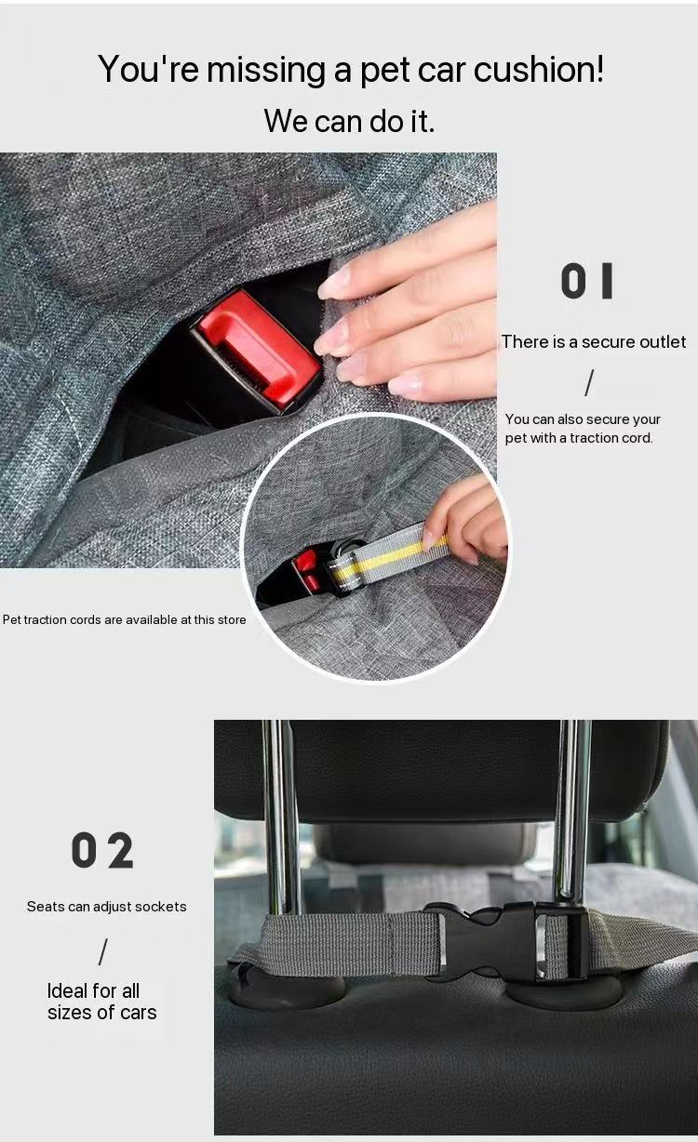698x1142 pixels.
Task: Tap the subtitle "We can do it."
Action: click(x=349, y=120)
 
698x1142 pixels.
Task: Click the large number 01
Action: click(x=587, y=282)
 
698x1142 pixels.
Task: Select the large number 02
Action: click(x=102, y=851)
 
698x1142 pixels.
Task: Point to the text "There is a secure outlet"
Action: click(x=594, y=342)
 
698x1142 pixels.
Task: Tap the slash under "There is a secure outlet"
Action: click(x=588, y=382)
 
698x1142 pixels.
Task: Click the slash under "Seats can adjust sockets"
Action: click(x=102, y=951)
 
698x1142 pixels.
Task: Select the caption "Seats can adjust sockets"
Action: click(x=106, y=906)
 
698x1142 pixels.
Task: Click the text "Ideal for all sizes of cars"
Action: click(x=102, y=1002)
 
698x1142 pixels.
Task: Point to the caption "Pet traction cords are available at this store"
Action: click(x=125, y=619)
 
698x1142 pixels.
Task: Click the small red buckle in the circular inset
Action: click(x=306, y=570)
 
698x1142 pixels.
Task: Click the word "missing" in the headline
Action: click(x=266, y=70)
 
